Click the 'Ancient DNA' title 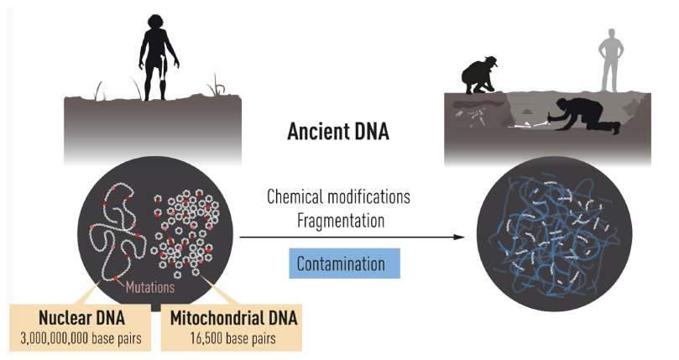[339, 132]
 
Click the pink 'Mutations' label [150, 287]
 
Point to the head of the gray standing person [609, 35]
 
